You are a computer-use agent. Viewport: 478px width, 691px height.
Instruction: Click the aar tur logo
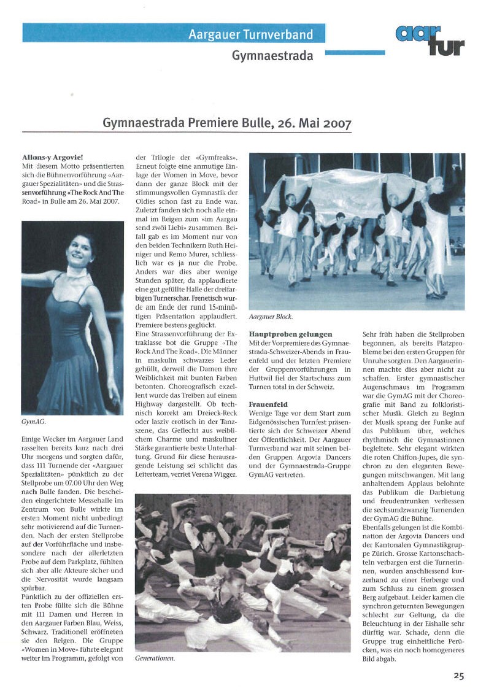430,41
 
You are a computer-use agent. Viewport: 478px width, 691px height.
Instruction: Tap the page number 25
458,676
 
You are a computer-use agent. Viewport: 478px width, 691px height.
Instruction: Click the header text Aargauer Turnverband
250,34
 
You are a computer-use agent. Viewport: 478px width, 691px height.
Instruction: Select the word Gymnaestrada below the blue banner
272,56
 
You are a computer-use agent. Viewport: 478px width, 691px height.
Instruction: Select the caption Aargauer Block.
271,317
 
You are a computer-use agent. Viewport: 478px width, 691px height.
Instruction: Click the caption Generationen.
155,658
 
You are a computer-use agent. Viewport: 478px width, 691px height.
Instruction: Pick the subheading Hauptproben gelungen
290,334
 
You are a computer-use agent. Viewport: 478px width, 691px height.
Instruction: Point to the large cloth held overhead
344,190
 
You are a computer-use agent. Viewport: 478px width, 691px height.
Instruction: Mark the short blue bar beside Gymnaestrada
354,53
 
